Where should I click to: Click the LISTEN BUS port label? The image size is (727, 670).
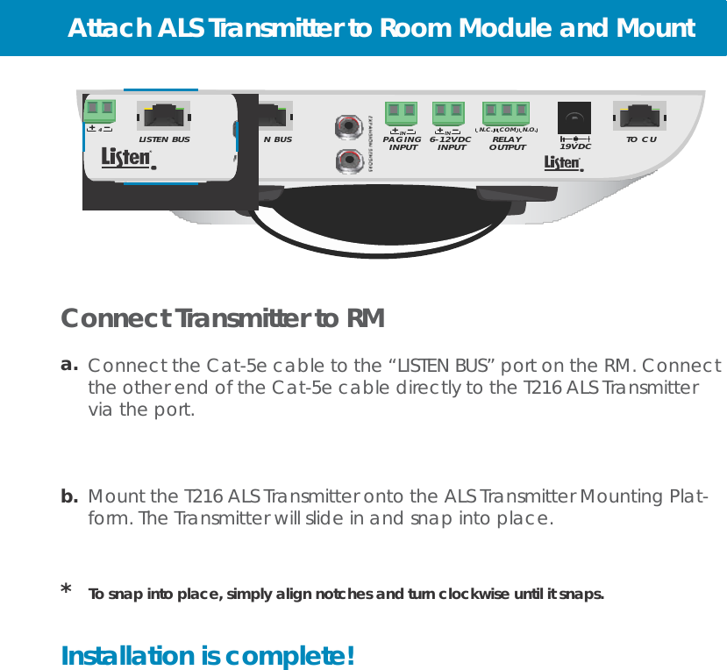165,139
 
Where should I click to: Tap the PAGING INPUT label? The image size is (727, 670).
403,143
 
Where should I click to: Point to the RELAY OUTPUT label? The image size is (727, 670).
506,143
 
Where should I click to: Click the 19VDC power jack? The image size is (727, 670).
574,118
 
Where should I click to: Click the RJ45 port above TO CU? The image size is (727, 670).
641,115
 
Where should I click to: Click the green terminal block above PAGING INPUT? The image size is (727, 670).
401,112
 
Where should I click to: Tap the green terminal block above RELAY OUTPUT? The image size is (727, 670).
506,112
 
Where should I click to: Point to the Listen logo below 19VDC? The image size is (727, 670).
563,164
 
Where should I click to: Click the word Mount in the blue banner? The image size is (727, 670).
652,29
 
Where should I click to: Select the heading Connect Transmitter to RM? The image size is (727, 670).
223,319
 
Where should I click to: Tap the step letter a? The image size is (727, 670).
69,363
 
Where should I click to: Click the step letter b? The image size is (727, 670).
69,496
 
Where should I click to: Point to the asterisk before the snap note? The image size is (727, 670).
67,590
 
